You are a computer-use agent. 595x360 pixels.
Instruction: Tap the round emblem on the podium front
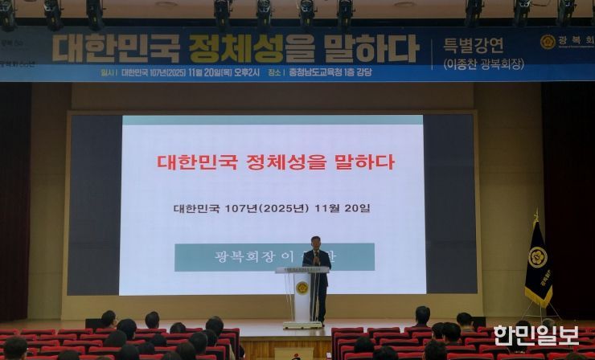click(302, 288)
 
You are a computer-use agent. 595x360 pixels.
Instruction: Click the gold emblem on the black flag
click(537, 258)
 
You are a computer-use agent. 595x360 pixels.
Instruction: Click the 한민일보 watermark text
click(535, 335)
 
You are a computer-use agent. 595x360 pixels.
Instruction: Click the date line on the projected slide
click(272, 208)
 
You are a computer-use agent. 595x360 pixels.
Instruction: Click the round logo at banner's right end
click(548, 42)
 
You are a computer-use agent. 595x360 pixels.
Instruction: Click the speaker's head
click(316, 241)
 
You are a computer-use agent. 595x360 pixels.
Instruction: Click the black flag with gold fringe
click(537, 265)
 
